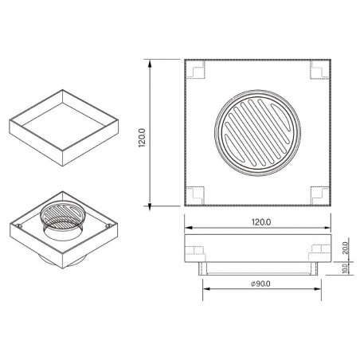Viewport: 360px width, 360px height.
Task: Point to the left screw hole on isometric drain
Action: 18,227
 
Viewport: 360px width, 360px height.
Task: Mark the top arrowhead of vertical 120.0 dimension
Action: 151,61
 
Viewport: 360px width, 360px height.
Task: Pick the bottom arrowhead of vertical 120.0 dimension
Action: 151,205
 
